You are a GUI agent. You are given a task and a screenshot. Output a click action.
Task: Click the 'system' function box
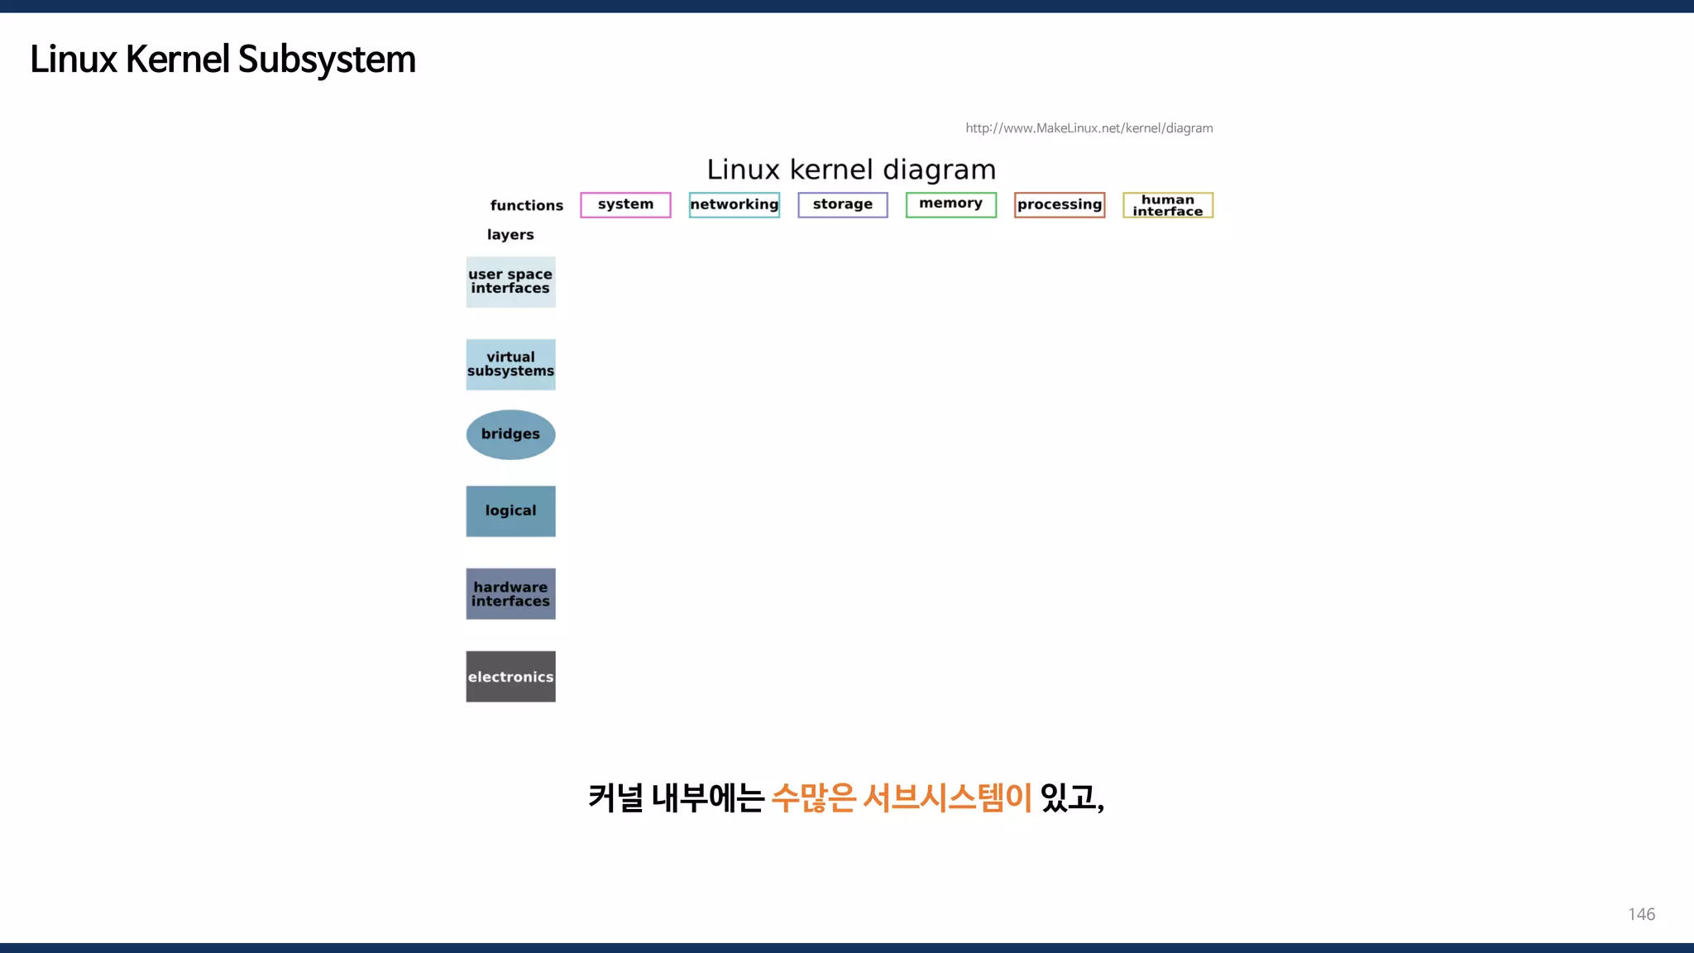click(625, 204)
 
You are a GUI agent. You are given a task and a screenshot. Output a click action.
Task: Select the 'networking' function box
click(735, 204)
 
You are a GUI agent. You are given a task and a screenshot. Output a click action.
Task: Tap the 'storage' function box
click(842, 204)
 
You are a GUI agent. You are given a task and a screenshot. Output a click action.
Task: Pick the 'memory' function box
click(950, 204)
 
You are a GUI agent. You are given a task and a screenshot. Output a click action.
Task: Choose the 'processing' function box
click(1060, 204)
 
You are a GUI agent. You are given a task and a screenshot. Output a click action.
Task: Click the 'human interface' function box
click(1167, 205)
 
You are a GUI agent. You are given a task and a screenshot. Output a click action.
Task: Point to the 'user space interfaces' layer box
click(510, 282)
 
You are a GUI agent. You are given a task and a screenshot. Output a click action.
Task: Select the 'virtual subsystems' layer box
click(510, 364)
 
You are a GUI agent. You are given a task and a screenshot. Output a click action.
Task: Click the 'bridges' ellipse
click(510, 434)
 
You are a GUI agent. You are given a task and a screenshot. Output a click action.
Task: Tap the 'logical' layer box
click(510, 511)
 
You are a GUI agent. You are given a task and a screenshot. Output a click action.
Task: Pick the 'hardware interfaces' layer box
click(510, 594)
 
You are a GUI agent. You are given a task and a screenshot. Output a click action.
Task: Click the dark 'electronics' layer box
click(510, 677)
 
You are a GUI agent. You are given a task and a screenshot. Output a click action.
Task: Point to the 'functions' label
click(526, 205)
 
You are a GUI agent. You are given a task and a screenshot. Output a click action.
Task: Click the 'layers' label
click(510, 235)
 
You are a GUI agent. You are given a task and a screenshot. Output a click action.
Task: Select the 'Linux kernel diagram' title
click(851, 170)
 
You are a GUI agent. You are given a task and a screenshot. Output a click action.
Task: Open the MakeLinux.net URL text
click(1089, 128)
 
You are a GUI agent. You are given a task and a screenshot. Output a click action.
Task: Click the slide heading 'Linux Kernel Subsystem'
click(223, 60)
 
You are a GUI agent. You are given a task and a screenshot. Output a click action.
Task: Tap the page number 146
click(1641, 914)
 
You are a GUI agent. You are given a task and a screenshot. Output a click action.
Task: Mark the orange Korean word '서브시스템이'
click(947, 797)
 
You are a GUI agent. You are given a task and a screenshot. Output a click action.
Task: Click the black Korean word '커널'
click(615, 797)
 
